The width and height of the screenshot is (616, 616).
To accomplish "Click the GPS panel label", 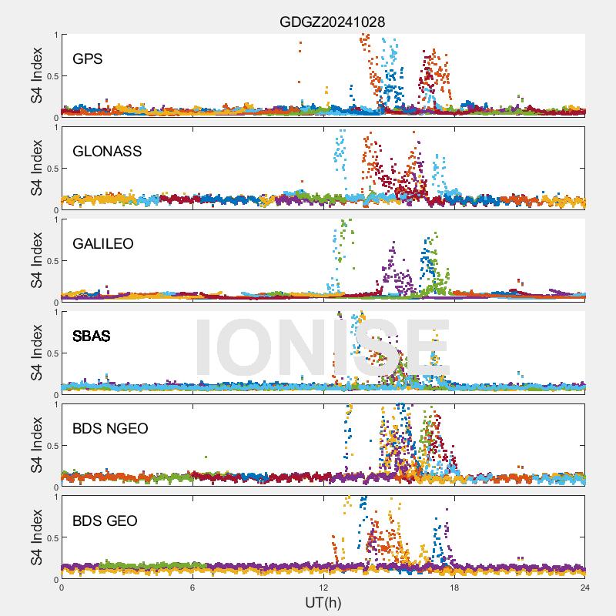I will coord(88,59).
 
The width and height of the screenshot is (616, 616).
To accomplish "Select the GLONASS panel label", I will coord(107,151).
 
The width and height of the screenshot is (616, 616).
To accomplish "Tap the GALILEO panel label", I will coord(103,243).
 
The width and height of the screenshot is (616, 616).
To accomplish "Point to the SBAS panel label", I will coord(92,336).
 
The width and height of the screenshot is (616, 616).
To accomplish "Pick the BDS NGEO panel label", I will coord(110,428).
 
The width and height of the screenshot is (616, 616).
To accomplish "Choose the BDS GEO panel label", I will coord(105,521).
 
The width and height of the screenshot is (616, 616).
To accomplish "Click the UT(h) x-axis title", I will coord(323,601).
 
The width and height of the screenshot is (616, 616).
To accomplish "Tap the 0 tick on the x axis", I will coord(62,588).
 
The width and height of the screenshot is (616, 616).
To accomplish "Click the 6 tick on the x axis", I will coord(192,588).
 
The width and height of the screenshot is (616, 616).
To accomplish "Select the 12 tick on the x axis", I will coord(323,588).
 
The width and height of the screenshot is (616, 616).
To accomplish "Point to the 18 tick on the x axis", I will coord(454,588).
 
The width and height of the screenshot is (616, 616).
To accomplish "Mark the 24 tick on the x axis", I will coord(585,588).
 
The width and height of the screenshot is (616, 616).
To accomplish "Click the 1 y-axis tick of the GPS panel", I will coord(55,35).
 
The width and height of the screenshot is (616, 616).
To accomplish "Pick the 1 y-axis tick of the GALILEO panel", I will coord(55,219).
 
